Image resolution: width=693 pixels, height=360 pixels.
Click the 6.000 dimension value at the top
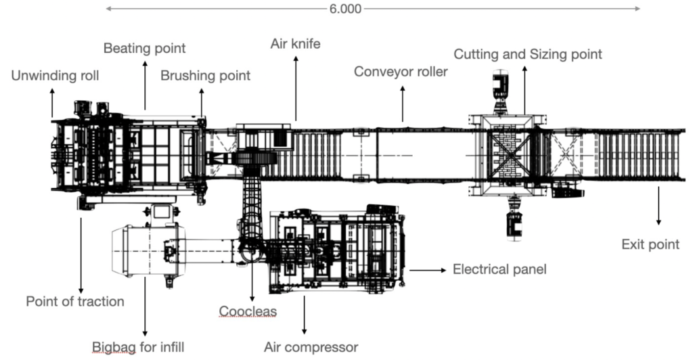point(345,9)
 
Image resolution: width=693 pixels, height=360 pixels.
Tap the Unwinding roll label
point(55,76)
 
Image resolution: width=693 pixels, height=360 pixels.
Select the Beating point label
point(144,49)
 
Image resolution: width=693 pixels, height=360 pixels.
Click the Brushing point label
point(205,76)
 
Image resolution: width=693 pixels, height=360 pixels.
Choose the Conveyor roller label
point(401,71)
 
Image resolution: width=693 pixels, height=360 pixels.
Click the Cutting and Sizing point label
point(527,54)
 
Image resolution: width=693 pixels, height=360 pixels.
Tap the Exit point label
point(650,244)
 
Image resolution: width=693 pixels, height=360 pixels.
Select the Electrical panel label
point(499,269)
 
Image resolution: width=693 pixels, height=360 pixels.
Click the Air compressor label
point(311,348)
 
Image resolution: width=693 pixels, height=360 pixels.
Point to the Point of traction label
point(75,301)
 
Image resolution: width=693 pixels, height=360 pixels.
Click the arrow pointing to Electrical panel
point(428,269)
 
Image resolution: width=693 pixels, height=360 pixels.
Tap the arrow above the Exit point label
point(658,206)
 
